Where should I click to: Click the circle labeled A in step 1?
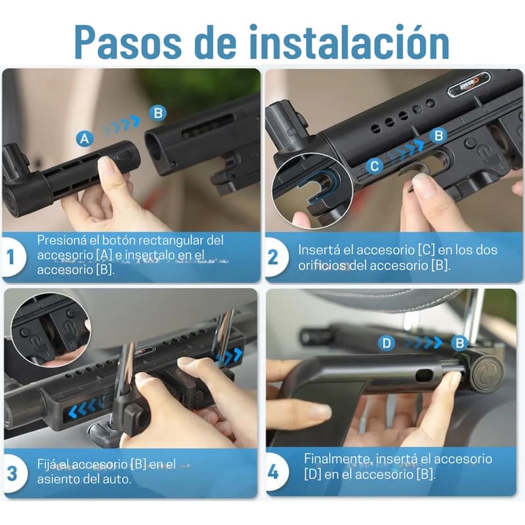pyautogui.click(x=83, y=138)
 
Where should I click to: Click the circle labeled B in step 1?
pyautogui.click(x=157, y=113)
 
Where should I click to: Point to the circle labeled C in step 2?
pyautogui.click(x=374, y=167)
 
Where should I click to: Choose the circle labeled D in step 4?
pyautogui.click(x=387, y=343)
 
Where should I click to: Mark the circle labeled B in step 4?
pyautogui.click(x=460, y=343)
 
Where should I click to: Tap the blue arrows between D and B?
pyautogui.click(x=423, y=343)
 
